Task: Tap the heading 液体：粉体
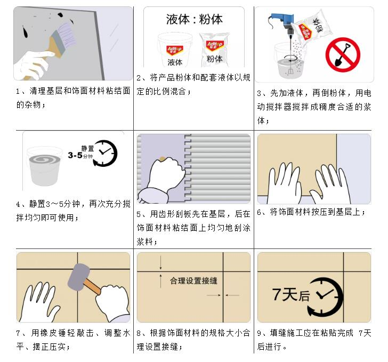pos(194,19)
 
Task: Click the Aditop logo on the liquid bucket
pos(175,50)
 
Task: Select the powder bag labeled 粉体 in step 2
pos(214,50)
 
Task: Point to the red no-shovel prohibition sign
pos(343,55)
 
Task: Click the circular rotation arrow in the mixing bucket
pos(290,59)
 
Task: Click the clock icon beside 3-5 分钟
pos(104,153)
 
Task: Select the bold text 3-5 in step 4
pos(75,155)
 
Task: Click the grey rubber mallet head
pos(79,277)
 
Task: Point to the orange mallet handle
pos(92,287)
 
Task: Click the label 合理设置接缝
pos(194,281)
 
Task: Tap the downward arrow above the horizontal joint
pos(161,263)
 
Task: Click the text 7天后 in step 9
pos(291,294)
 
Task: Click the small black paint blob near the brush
pos(60,15)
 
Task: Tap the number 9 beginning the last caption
pos(259,333)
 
